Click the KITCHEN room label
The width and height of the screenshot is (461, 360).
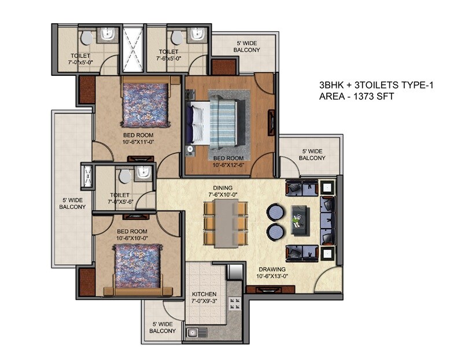point(204,294)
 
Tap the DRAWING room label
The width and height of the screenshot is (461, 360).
point(271,269)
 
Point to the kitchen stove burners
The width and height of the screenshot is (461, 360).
point(236,304)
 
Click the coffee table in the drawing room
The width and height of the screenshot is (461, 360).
point(301,219)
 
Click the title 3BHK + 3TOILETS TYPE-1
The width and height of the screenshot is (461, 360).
point(376,85)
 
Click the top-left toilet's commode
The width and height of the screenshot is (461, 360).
point(86,38)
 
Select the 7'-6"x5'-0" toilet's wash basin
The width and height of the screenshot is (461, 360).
point(194,36)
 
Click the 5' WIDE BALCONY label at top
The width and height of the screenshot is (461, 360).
point(246,46)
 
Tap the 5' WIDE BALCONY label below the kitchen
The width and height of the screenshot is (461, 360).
point(164,328)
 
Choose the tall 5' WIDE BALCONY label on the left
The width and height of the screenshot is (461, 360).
point(73,203)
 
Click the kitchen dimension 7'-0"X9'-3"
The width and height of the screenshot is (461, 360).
point(204,302)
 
